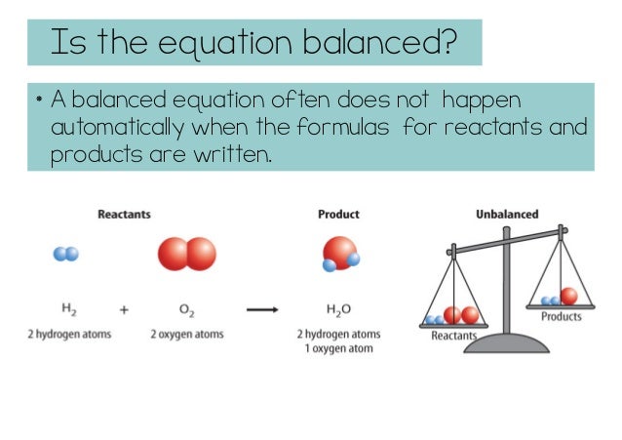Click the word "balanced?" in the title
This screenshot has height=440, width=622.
389,42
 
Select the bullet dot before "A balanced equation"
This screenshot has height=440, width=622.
36,100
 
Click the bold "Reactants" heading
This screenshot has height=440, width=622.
124,214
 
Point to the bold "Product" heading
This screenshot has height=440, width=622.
338,214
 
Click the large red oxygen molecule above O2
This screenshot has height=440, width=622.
186,255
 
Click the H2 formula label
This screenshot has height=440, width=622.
69,310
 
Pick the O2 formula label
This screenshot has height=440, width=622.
186,310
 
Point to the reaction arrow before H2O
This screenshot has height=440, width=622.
262,310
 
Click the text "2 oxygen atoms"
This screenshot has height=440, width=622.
186,335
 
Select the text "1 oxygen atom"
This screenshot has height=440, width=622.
338,349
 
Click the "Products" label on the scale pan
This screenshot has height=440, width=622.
561,316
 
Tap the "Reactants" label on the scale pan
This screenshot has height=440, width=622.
454,337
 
